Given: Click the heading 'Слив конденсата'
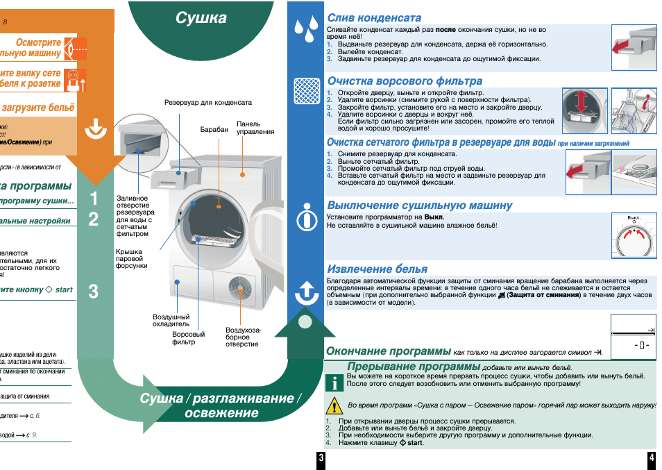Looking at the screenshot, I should tap(374, 17).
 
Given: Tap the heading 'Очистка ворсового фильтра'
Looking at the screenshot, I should tap(405, 81).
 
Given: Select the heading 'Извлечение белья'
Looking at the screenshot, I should tap(377, 269).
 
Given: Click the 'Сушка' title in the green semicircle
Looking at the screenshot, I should tap(201, 18).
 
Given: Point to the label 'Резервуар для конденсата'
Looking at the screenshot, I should tap(207, 103).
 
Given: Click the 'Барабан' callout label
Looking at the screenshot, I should tap(214, 130).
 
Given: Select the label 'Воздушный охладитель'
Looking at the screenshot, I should tap(171, 320).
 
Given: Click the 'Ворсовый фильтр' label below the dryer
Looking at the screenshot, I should tap(189, 338).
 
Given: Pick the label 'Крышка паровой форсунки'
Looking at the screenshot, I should tap(131, 258).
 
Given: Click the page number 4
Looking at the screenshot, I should tap(652, 458).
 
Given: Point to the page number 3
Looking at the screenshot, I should tap(321, 458).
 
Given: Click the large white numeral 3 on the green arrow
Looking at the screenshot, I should tap(94, 292).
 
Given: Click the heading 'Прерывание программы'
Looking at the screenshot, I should tap(414, 366).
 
